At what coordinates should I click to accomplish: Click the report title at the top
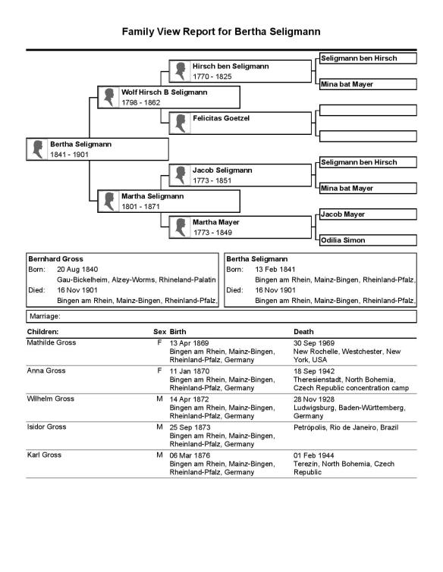pyautogui.click(x=221, y=32)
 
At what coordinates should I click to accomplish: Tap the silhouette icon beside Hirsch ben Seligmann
pyautogui.click(x=180, y=71)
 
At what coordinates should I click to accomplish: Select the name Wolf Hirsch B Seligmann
pyautogui.click(x=164, y=92)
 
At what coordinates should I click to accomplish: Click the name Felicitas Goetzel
pyautogui.click(x=221, y=118)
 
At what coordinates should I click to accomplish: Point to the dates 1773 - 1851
pyautogui.click(x=212, y=180)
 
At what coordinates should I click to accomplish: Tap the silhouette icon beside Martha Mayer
pyautogui.click(x=180, y=227)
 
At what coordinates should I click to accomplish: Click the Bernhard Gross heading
pyautogui.click(x=55, y=258)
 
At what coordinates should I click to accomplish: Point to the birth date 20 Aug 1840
pyautogui.click(x=77, y=269)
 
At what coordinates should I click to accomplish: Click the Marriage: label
pyautogui.click(x=43, y=316)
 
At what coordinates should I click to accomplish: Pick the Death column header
pyautogui.click(x=305, y=332)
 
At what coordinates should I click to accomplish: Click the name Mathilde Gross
pyautogui.click(x=52, y=342)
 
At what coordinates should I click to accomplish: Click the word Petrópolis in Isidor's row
pyautogui.click(x=312, y=427)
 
